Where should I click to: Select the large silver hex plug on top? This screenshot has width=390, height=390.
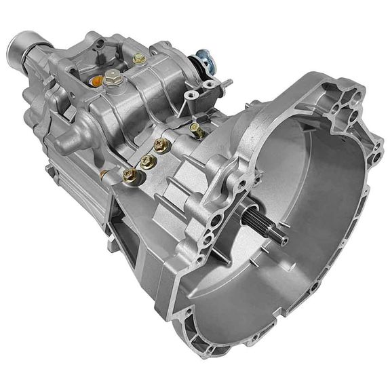[x=113, y=76]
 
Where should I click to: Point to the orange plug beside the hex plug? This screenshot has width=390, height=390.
[x=97, y=81]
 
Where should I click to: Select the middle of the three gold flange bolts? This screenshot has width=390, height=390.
[x=147, y=161]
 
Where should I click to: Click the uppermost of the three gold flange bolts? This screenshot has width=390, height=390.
[x=161, y=144]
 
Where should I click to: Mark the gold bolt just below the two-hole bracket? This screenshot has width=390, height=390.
[x=196, y=129]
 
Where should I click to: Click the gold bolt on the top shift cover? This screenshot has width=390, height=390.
[x=139, y=59]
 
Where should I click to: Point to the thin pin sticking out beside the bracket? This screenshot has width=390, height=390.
[x=227, y=83]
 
